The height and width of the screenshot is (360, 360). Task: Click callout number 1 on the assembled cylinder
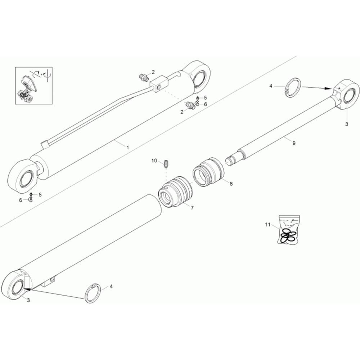pyautogui.click(x=128, y=147)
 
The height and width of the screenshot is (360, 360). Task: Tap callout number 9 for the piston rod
pyautogui.click(x=294, y=143)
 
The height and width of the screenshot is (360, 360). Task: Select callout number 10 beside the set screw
pyautogui.click(x=154, y=161)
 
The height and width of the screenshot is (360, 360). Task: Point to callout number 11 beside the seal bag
pyautogui.click(x=268, y=224)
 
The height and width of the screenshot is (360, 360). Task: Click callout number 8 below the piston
pyautogui.click(x=231, y=184)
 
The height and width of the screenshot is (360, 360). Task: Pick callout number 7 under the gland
pyautogui.click(x=192, y=208)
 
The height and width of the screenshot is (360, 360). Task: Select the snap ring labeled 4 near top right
pyautogui.click(x=293, y=87)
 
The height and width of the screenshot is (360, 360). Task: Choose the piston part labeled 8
pyautogui.click(x=208, y=172)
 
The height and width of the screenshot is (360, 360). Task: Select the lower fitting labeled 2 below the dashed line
pyautogui.click(x=190, y=105)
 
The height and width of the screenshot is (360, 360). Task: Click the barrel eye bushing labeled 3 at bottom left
pyautogui.click(x=17, y=287)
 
